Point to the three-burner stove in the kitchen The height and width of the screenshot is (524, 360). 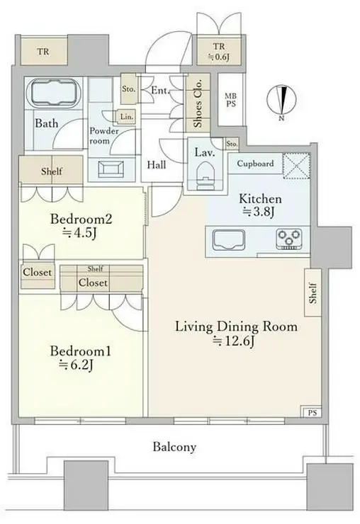(289, 239)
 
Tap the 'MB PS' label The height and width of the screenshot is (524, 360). (230, 101)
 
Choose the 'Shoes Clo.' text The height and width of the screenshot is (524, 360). (198, 103)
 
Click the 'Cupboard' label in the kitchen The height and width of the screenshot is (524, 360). (255, 164)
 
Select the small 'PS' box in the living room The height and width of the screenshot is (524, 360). (312, 412)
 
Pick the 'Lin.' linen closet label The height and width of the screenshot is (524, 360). (126, 117)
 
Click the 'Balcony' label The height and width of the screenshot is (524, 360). (174, 447)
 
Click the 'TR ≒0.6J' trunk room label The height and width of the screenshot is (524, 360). (219, 52)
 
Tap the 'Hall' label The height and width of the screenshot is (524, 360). (157, 165)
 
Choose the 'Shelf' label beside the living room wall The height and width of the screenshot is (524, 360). (313, 293)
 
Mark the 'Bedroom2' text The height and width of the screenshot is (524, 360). (81, 220)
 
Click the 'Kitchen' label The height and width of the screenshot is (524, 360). (260, 199)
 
